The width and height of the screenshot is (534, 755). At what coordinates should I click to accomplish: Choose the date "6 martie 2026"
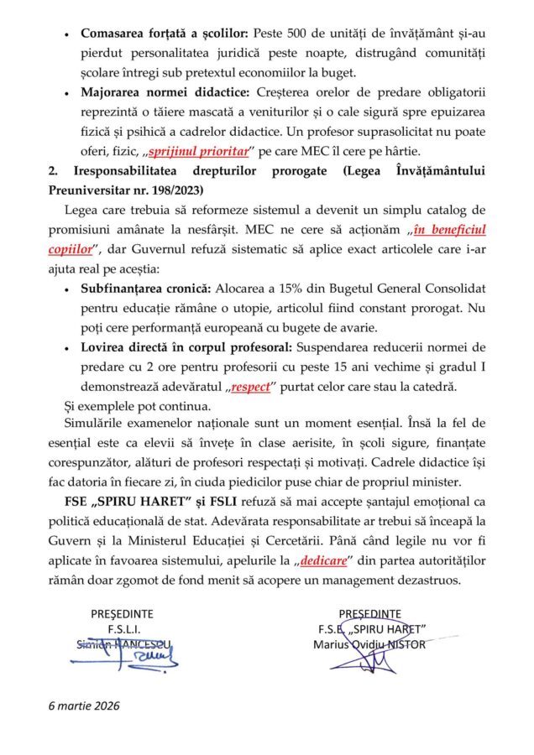coord(84,706)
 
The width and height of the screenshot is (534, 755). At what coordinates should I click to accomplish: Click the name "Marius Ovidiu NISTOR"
coord(369,644)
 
